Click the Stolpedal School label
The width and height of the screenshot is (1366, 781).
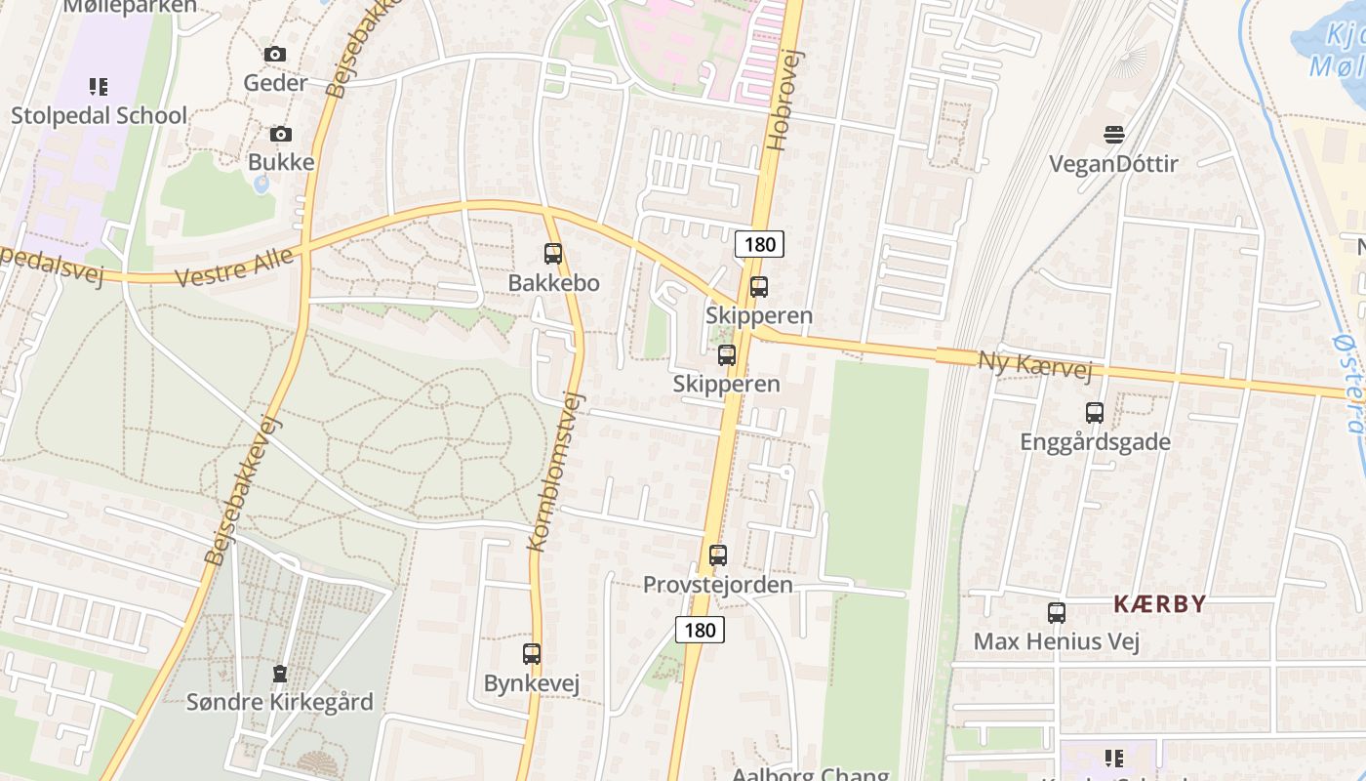(x=99, y=115)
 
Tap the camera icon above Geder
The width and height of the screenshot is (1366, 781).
(x=275, y=55)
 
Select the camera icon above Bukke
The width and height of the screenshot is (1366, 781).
(x=281, y=134)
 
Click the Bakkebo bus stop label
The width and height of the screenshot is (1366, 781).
(x=553, y=283)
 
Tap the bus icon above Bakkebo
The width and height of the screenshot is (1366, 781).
(x=553, y=254)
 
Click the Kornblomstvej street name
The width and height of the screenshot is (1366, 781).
(x=554, y=472)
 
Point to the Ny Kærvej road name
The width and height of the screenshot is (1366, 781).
(x=1034, y=366)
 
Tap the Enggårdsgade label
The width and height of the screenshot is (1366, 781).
(x=1095, y=442)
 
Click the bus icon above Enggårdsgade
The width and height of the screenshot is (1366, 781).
(x=1095, y=413)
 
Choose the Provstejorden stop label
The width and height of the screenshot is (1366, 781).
(x=717, y=585)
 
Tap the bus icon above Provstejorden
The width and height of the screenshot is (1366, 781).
(x=718, y=555)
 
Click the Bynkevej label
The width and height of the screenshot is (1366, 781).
(x=532, y=683)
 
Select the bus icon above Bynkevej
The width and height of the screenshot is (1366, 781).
(x=532, y=654)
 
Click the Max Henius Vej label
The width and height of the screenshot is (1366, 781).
(x=1057, y=641)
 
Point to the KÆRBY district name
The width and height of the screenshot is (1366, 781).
(x=1160, y=604)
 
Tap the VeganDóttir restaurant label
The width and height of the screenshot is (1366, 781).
(x=1113, y=163)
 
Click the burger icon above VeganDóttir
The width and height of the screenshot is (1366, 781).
(x=1113, y=134)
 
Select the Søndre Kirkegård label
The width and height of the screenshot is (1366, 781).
(x=280, y=702)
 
